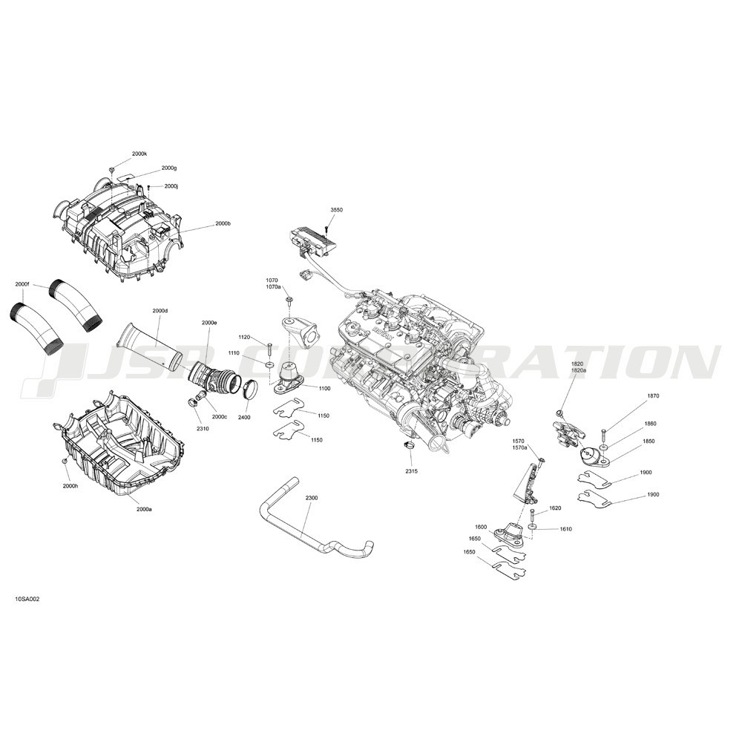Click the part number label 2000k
click(x=139, y=154)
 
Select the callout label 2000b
click(x=223, y=223)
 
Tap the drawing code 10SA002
click(x=27, y=599)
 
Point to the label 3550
click(x=336, y=209)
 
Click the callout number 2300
click(x=312, y=499)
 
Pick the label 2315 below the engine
click(x=411, y=472)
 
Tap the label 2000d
click(x=160, y=311)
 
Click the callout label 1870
click(x=653, y=395)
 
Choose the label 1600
click(x=481, y=527)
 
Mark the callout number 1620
click(x=555, y=508)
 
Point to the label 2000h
click(x=70, y=486)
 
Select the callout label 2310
click(x=203, y=429)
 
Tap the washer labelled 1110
click(x=269, y=365)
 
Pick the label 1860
click(x=650, y=424)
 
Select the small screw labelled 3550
click(x=326, y=229)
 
